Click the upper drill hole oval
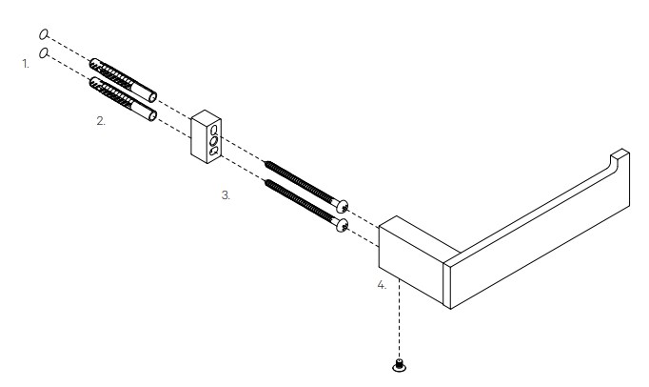[44, 34]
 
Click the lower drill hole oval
[44, 53]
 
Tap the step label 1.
[26, 64]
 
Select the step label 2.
[101, 121]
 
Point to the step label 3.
[226, 195]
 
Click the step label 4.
[382, 285]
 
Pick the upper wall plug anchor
[123, 80]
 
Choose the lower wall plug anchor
[123, 99]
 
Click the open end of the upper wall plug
[152, 97]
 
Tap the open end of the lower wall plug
[152, 116]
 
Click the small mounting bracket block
[206, 137]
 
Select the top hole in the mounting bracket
[214, 131]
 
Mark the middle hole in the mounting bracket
[213, 141]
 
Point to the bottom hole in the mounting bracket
[214, 151]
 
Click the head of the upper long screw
[343, 206]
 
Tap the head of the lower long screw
[343, 225]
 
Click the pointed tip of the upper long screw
[265, 161]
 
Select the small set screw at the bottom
[399, 365]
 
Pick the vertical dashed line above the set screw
[399, 318]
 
